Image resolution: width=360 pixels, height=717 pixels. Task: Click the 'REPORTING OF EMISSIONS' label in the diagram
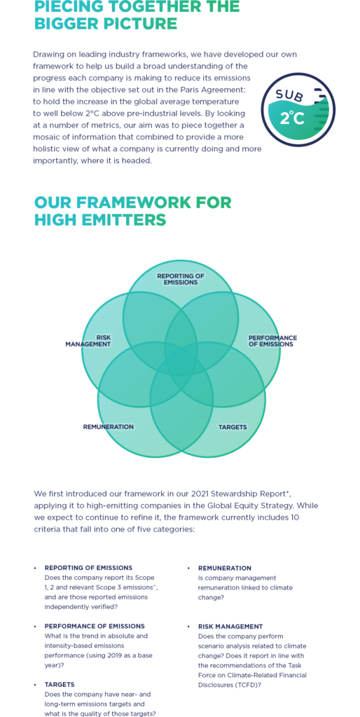point(181,279)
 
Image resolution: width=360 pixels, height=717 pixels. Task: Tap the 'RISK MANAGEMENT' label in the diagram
point(88,341)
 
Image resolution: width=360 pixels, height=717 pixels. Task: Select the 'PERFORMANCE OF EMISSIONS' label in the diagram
point(272,341)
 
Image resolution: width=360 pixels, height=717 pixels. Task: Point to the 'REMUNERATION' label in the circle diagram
point(109,426)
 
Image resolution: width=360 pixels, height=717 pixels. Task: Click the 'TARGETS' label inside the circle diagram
point(233,427)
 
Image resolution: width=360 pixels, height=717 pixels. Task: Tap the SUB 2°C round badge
point(298,110)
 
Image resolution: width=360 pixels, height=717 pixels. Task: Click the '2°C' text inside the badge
point(292,118)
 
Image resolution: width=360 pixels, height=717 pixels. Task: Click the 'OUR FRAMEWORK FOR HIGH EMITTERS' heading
point(132,211)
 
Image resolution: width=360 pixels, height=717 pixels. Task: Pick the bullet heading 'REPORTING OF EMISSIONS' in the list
point(88,568)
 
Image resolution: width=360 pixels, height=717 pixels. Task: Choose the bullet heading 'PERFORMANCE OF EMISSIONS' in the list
point(95,626)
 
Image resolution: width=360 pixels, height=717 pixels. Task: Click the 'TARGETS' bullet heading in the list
point(60,685)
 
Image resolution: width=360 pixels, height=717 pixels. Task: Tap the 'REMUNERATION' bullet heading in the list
point(225,568)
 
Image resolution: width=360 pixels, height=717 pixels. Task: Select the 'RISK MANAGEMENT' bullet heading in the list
point(230,627)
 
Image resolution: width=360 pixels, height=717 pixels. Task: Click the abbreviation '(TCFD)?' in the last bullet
point(251,685)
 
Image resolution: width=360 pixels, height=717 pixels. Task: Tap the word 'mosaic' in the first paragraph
point(45,137)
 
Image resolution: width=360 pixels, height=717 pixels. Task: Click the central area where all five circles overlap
point(181,363)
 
